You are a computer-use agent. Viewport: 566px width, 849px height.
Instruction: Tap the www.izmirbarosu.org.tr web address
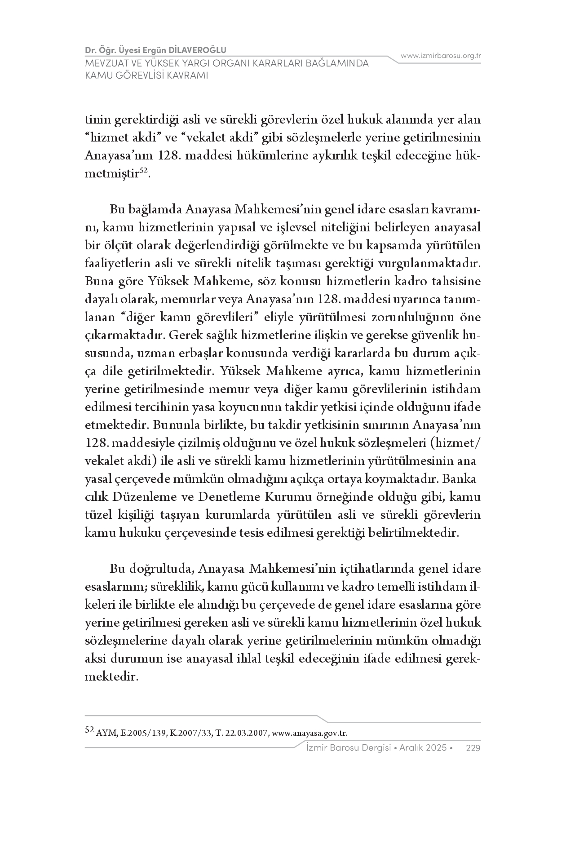[441, 56]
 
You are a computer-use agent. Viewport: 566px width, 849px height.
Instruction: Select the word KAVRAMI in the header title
[186, 75]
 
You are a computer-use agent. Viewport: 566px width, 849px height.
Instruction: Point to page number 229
[473, 748]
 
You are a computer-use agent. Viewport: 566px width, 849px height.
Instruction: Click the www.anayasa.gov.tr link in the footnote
[310, 733]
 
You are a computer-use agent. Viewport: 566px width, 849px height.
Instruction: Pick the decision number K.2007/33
[190, 733]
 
